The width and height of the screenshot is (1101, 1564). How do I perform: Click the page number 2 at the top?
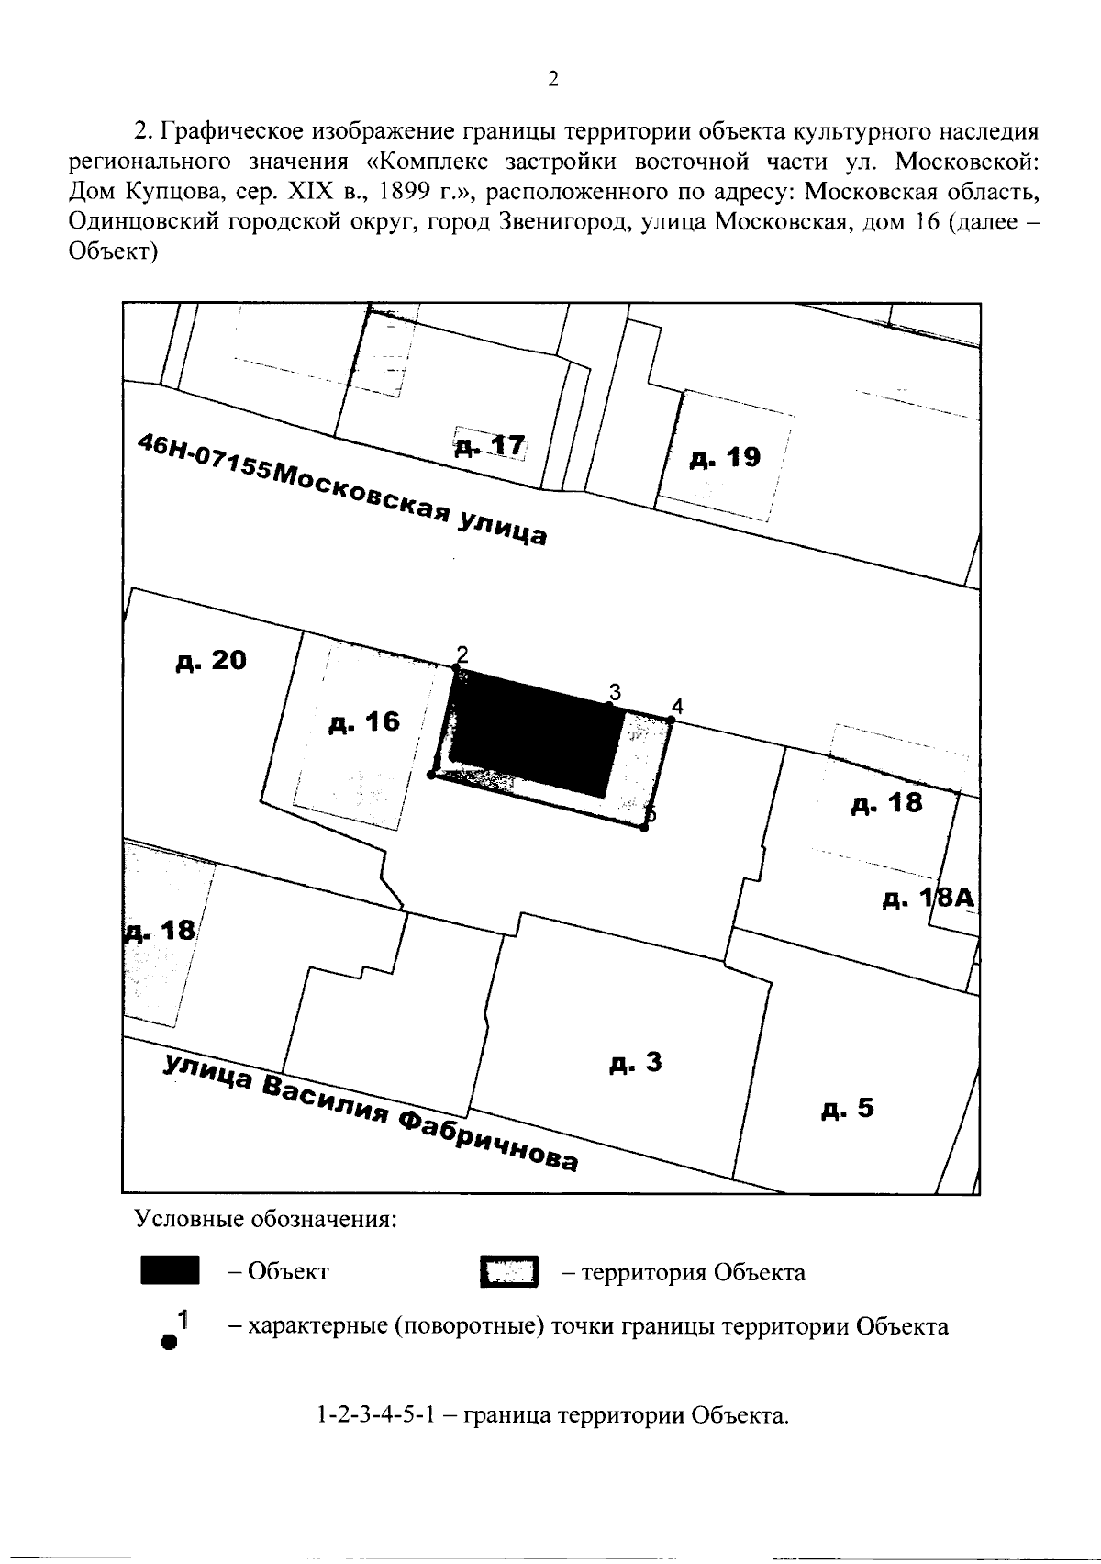click(552, 79)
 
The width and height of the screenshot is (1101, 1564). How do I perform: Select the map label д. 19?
click(725, 457)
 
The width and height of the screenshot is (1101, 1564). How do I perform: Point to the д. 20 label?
click(211, 660)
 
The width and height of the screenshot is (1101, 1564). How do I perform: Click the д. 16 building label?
click(364, 721)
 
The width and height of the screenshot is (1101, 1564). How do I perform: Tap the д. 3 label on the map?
click(635, 1064)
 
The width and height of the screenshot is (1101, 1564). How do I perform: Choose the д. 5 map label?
click(848, 1109)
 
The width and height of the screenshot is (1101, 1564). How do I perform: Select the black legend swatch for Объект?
click(170, 1272)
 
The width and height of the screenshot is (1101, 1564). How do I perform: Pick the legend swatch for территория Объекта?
click(509, 1273)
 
